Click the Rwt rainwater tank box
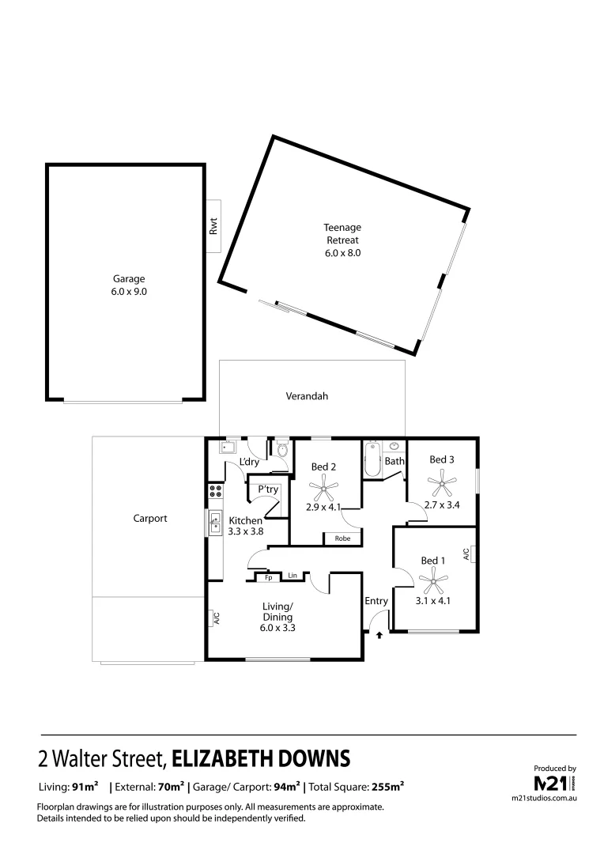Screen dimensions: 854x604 213,228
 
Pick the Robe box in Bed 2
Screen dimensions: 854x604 342,538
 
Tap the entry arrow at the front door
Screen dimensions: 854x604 379,633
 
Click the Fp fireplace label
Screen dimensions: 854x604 268,577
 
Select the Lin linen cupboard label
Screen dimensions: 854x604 292,576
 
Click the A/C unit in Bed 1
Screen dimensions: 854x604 466,554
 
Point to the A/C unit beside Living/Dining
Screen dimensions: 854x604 215,619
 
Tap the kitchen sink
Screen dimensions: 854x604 214,522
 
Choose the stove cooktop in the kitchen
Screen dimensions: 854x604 214,495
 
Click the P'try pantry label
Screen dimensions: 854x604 268,490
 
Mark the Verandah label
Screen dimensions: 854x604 307,397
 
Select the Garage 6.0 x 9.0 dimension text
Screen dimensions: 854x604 128,291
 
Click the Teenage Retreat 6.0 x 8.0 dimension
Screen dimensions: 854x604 342,253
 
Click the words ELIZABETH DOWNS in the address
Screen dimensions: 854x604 261,758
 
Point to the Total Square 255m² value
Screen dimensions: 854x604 387,787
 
